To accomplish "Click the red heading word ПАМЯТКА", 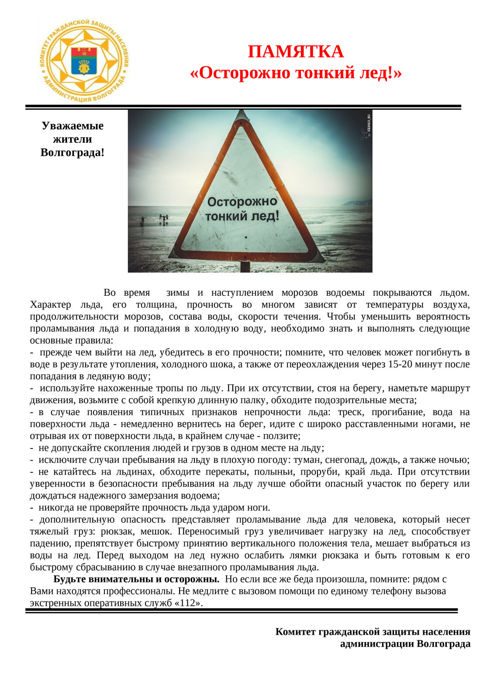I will click(296, 51).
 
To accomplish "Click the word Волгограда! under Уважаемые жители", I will click(73, 153).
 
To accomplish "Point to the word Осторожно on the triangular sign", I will click(242, 202).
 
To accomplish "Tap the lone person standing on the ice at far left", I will click(142, 221).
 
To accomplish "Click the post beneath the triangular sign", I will click(245, 267).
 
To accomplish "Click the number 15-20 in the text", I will click(400, 364).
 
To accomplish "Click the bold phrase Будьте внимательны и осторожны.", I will click(136, 579).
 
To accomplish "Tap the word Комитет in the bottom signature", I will click(295, 632).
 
